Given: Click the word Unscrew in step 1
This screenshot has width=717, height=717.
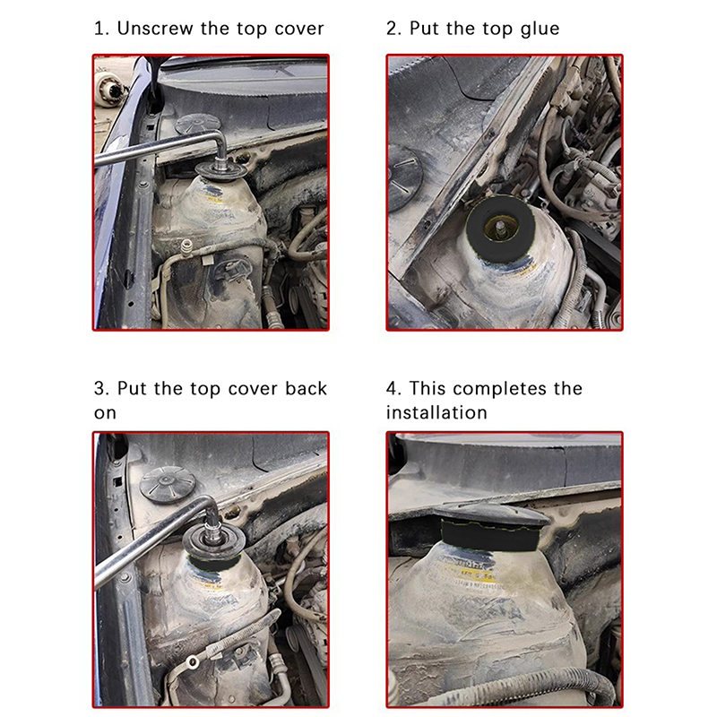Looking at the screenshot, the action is (155, 29).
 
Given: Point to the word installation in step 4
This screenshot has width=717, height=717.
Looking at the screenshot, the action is (436, 412).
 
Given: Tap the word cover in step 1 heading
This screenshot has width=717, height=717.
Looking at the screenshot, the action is (299, 30).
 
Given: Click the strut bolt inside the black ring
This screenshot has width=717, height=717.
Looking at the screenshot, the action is (502, 226).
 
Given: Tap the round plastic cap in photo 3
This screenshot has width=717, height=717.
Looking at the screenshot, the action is (168, 485).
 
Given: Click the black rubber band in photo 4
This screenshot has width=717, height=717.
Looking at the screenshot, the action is (489, 535).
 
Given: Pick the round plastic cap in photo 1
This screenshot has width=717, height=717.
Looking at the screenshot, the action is (197, 124).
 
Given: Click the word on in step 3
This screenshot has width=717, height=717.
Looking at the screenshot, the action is (105, 413).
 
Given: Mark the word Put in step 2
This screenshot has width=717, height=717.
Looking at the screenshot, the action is (424, 29).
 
